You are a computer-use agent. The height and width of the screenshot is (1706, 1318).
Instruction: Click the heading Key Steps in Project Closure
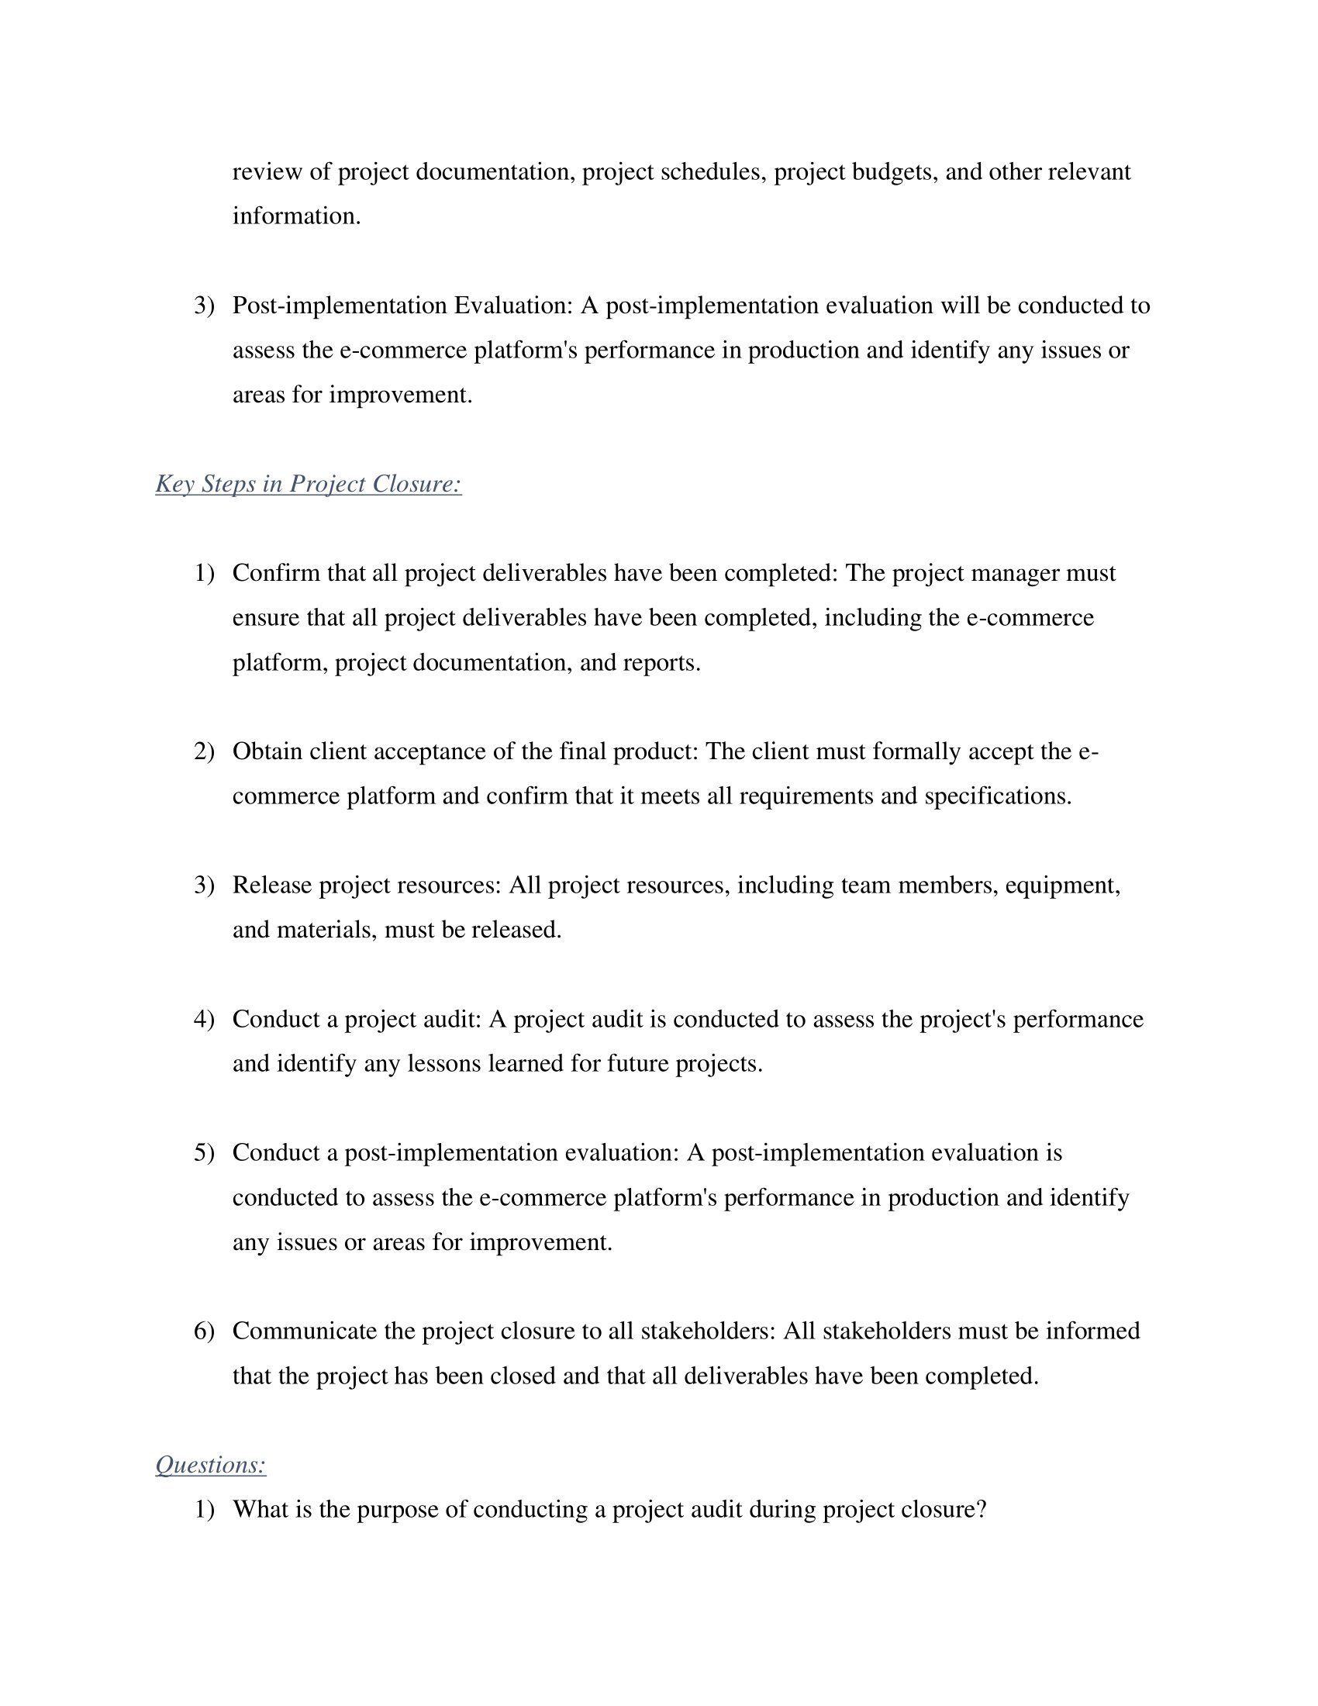coord(309,485)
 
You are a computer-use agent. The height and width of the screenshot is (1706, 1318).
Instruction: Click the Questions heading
coord(211,1465)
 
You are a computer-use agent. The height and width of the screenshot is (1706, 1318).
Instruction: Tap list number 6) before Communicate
coord(204,1331)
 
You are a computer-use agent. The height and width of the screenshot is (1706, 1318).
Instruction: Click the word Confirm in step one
coord(276,573)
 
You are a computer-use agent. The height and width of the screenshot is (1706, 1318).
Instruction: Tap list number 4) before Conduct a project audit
coord(204,1020)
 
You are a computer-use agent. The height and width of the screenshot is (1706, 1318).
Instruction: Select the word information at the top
coord(296,216)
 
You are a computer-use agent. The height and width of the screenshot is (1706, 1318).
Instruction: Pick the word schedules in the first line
coord(712,172)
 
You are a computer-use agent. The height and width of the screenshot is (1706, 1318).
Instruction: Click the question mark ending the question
coord(982,1509)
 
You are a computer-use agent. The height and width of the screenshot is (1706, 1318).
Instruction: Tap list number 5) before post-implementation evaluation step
coord(204,1153)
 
